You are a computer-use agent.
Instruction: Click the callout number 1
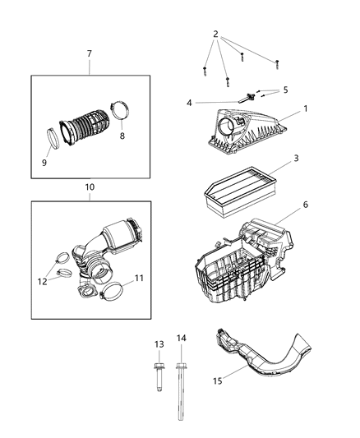305,108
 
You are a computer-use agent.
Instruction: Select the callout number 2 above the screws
215,35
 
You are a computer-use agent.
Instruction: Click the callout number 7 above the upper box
90,53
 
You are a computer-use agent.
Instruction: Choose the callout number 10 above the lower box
90,187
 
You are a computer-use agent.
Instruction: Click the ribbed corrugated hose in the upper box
87,132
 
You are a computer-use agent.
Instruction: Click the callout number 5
285,90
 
